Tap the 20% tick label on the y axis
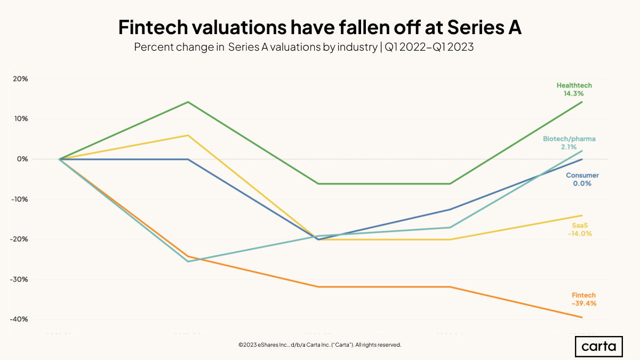click(x=20, y=79)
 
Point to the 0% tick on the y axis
click(x=22, y=159)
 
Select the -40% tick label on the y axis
click(x=19, y=319)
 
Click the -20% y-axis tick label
click(x=19, y=239)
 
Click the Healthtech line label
click(x=574, y=85)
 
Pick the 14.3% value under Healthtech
click(x=574, y=93)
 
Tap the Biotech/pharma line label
click(x=569, y=139)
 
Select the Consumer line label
click(x=582, y=175)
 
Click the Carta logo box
click(x=598, y=347)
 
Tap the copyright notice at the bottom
click(x=319, y=345)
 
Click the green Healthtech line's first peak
click(x=188, y=102)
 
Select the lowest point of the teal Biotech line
click(x=188, y=261)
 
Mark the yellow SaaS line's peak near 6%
click(x=188, y=135)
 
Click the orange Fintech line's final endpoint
click(x=582, y=317)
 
